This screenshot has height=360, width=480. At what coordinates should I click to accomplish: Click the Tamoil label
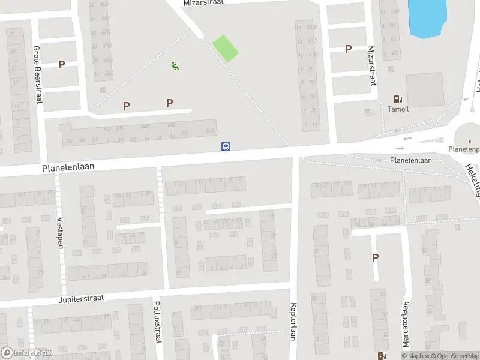[x=398, y=109]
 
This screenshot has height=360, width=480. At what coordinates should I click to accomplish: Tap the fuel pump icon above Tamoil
[x=397, y=99]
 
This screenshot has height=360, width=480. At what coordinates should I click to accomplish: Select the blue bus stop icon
[x=226, y=146]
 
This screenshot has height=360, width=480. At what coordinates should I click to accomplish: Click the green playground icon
[x=175, y=66]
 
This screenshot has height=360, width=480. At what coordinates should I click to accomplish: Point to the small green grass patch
[x=226, y=48]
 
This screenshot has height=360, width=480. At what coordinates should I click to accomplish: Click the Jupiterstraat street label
[x=82, y=298]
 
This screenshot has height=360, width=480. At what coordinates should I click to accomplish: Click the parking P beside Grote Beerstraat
[x=61, y=64]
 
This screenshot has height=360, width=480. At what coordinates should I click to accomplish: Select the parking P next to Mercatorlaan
[x=376, y=258]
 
